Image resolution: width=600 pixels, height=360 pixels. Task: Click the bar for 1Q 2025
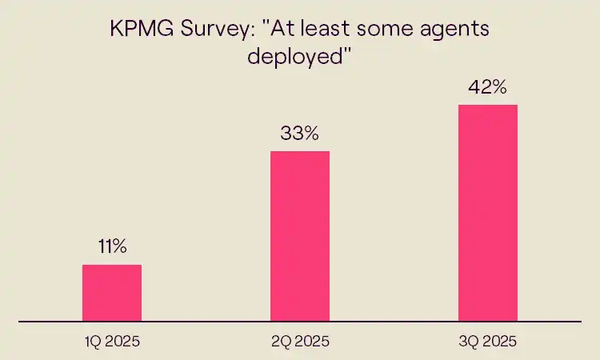pyautogui.click(x=112, y=293)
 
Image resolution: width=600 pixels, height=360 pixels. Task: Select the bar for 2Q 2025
pyautogui.click(x=300, y=236)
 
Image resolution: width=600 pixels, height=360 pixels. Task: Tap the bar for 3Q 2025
pyautogui.click(x=488, y=213)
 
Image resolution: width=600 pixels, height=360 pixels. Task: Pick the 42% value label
pyautogui.click(x=488, y=87)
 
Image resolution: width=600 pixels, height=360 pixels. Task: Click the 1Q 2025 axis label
pyautogui.click(x=112, y=342)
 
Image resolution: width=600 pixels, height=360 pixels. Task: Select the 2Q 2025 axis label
pyautogui.click(x=300, y=342)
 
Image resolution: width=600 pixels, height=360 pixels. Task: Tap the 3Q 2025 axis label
pyautogui.click(x=488, y=342)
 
